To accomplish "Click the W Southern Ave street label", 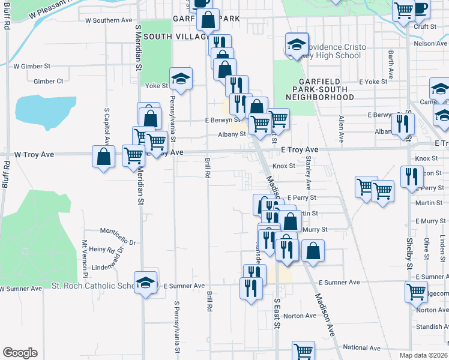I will pos(109,20).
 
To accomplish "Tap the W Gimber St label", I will pos(32,66).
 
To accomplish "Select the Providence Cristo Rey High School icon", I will pos(296,43).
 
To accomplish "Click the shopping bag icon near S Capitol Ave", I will pos(104,157).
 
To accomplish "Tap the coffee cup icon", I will pos(421,8).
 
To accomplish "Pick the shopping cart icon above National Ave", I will pos(304,350).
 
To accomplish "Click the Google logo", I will pos(20,353).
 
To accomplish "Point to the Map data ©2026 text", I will pos(424,355).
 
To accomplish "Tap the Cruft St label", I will pos(424,26).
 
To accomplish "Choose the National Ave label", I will pos(361,347).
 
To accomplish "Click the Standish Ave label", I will pos(432,327).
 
